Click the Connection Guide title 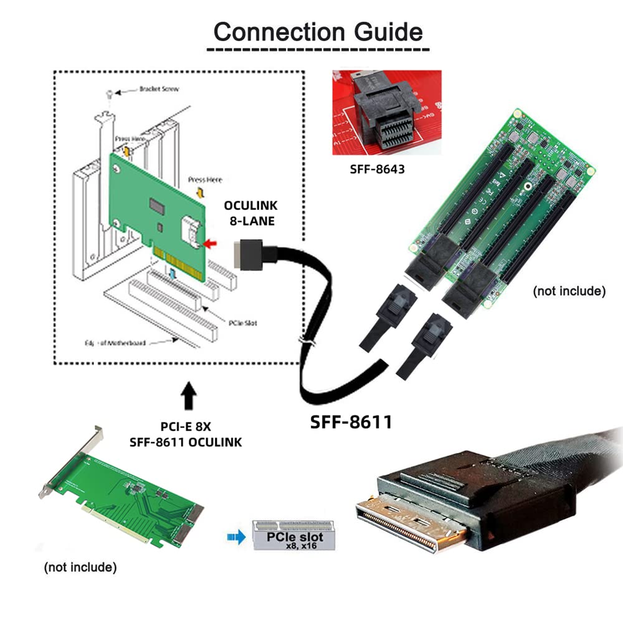(318, 31)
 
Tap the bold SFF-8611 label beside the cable (351, 422)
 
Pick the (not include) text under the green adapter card (80, 568)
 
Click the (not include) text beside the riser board (569, 291)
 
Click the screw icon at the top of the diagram (110, 93)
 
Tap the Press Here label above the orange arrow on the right (205, 180)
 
